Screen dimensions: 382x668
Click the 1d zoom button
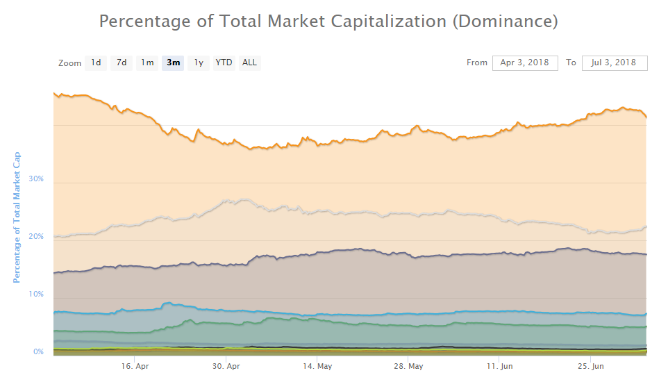96,63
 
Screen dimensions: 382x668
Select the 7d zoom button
122,63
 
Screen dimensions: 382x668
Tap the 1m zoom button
147,63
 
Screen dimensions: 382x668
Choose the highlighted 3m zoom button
173,63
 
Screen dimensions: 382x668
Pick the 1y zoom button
199,63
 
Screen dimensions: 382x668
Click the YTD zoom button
224,63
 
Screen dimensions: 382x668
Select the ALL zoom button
249,63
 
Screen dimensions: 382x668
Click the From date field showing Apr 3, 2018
525,63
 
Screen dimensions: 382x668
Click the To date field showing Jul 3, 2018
615,63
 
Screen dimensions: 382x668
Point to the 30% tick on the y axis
36,179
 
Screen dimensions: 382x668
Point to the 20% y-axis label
36,237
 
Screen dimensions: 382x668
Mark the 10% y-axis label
36,294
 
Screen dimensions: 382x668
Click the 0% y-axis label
38,352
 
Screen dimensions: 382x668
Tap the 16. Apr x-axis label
135,365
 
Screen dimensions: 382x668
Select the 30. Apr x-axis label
226,365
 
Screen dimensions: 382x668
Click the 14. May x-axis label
317,365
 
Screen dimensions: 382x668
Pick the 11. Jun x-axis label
499,365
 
